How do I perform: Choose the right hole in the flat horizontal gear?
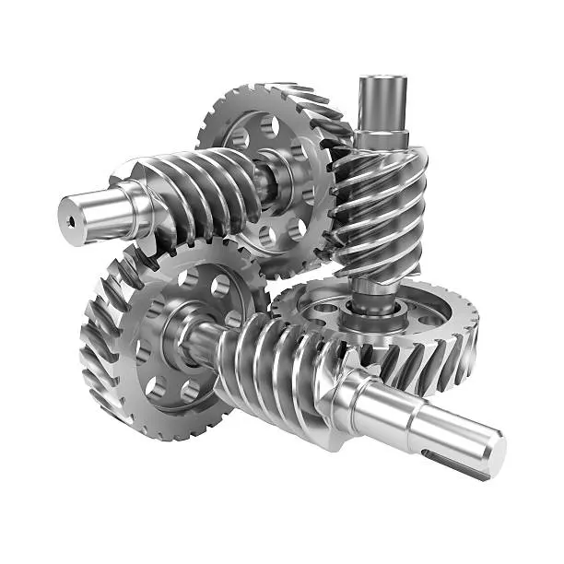[x=433, y=318]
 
